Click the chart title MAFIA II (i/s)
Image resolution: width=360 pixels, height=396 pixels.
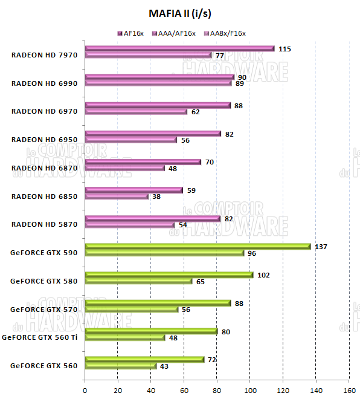click(180, 13)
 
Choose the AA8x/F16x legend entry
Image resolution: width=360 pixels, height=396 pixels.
click(228, 33)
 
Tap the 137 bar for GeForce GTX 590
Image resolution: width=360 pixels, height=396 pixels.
click(198, 247)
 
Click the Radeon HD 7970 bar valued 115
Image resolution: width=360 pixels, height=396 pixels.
click(179, 48)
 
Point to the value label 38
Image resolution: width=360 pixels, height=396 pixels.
click(157, 196)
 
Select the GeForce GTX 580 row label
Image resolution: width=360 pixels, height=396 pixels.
click(45, 281)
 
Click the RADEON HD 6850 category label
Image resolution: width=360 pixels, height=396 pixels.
click(45, 196)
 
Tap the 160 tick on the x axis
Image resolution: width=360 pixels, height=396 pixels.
click(349, 389)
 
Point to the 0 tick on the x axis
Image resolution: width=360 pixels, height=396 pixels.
click(85, 389)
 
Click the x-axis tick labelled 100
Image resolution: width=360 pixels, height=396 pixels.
click(249, 389)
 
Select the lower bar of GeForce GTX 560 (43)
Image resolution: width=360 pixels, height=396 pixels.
click(121, 366)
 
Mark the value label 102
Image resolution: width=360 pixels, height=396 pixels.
click(263, 275)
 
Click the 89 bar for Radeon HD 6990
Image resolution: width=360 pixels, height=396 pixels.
click(158, 83)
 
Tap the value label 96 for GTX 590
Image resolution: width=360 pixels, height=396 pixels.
click(252, 253)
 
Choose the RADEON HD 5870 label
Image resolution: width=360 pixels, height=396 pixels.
click(45, 224)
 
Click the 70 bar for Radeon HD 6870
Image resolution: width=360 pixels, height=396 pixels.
click(143, 162)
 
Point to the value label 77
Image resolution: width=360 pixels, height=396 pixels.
click(220, 56)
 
